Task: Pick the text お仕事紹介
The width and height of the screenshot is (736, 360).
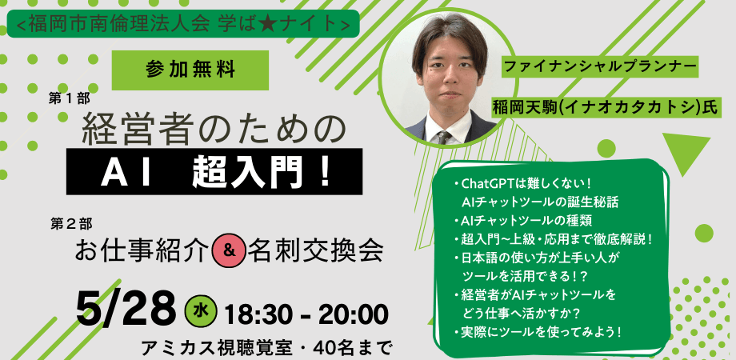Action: [141, 251]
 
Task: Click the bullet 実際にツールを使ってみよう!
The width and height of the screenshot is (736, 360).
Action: [537, 330]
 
